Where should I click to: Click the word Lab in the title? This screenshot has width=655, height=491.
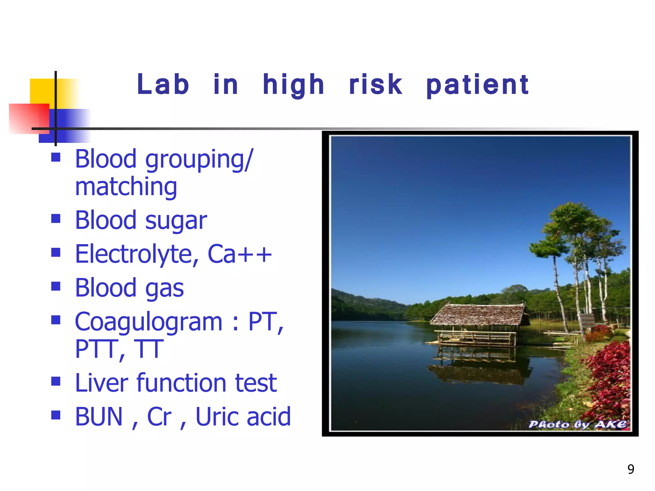point(163,84)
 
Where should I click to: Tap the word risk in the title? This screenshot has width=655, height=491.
point(375,84)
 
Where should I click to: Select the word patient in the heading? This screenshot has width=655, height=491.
point(477,85)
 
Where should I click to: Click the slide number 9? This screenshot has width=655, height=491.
point(631,469)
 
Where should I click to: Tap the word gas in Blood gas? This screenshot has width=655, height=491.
point(164,288)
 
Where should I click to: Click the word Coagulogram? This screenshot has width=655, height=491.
point(148,322)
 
